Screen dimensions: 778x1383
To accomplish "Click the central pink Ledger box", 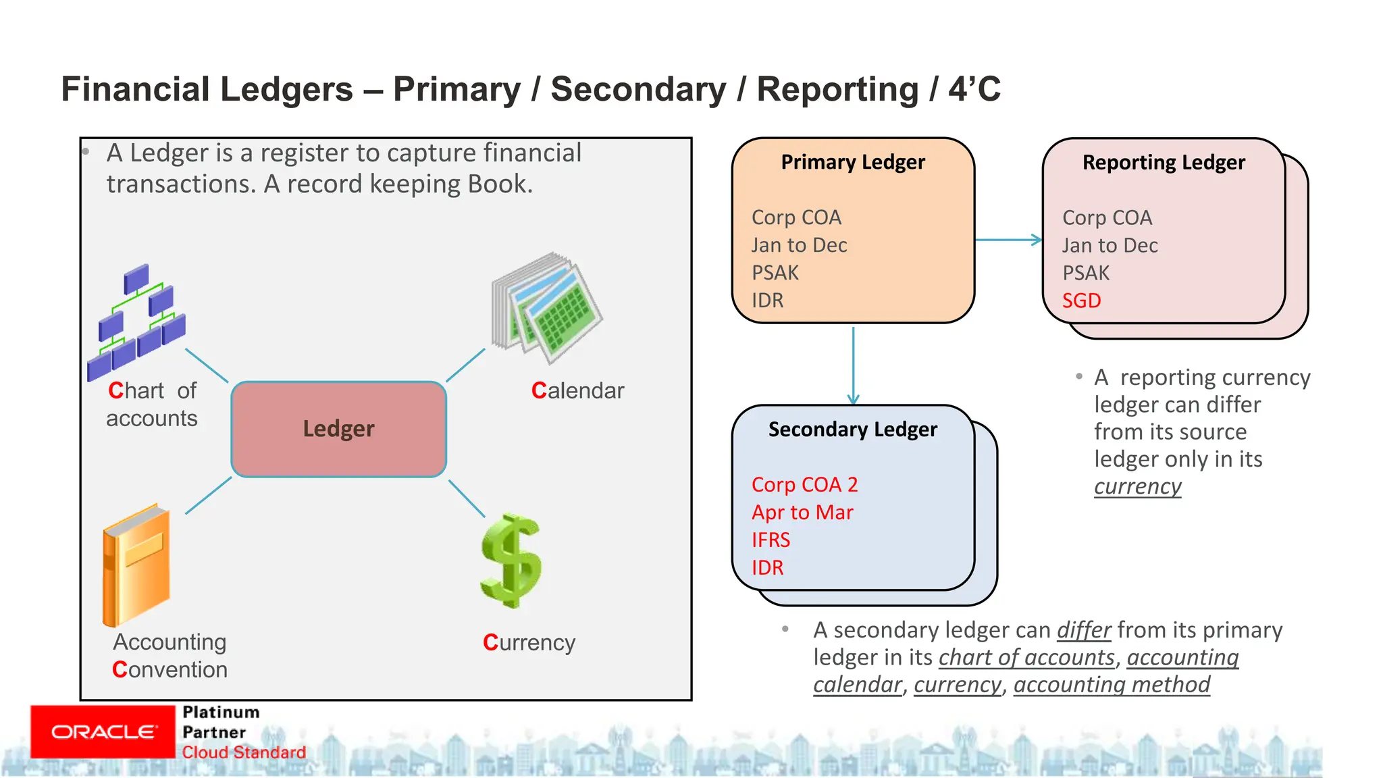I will coord(338,430).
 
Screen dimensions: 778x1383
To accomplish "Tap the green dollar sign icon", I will coord(511,561).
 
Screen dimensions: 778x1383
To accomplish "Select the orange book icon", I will coord(136,566).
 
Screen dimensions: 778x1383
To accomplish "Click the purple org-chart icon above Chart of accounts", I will coord(137,321).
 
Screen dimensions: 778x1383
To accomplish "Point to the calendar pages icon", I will coord(547,308).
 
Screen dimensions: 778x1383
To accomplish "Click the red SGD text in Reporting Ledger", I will coord(1081,301).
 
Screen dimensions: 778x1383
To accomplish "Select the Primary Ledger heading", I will coord(853,162).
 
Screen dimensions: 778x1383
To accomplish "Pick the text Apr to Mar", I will coord(802,513).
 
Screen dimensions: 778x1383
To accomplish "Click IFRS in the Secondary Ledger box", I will coord(771,540).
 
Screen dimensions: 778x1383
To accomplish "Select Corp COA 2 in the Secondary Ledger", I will coord(804,485).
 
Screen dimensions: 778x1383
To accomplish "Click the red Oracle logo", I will coord(103,732).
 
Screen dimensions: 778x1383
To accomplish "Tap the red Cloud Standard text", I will coord(244,752).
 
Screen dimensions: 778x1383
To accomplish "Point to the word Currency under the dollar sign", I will coord(529,643).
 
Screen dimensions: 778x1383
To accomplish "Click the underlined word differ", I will coord(1083,630).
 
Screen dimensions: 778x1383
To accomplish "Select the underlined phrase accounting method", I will coord(1112,685).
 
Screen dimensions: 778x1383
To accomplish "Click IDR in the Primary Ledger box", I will coord(768,301).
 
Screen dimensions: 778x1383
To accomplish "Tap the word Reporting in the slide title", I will coord(837,89).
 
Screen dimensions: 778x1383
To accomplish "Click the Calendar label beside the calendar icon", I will coord(577,391).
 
